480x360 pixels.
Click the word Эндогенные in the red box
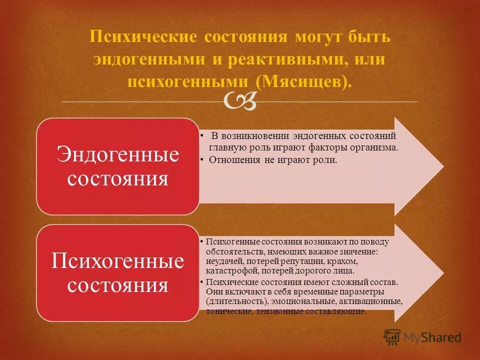pyautogui.click(x=117, y=154)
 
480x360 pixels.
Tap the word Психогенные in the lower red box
pyautogui.click(x=117, y=261)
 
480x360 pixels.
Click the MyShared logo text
pyautogui.click(x=433, y=338)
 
